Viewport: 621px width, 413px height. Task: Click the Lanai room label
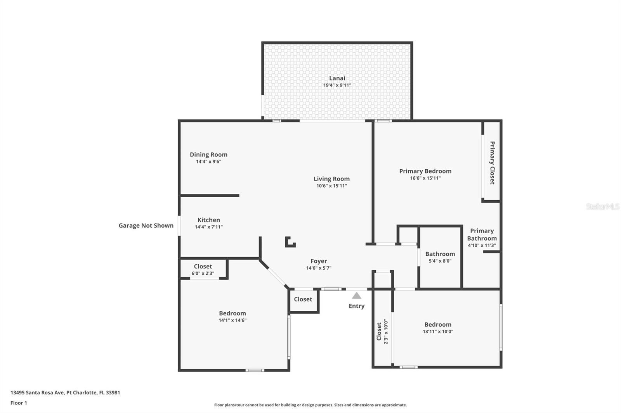(337, 78)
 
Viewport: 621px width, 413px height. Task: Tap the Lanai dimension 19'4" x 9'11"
(337, 85)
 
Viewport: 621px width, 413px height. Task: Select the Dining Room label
(208, 155)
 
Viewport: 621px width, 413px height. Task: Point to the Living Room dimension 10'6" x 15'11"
(331, 186)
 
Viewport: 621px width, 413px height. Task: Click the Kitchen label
(208, 220)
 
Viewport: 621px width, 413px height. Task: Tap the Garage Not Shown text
(146, 225)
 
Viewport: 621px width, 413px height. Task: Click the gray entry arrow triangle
(356, 296)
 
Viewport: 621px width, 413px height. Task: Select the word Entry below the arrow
(356, 306)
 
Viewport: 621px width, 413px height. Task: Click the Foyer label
(319, 261)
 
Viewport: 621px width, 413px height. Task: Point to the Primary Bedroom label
(425, 171)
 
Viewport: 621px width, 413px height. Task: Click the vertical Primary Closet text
(492, 163)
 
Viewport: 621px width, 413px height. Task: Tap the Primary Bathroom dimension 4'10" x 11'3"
(482, 245)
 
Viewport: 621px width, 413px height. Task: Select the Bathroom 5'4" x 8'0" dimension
(440, 261)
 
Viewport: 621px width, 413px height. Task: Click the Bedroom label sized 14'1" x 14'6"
(232, 313)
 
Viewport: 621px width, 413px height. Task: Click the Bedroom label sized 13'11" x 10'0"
(438, 325)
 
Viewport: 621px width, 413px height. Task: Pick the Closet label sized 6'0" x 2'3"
(203, 267)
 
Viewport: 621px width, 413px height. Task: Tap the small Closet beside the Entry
(303, 299)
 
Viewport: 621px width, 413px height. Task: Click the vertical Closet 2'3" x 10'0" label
(379, 332)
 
